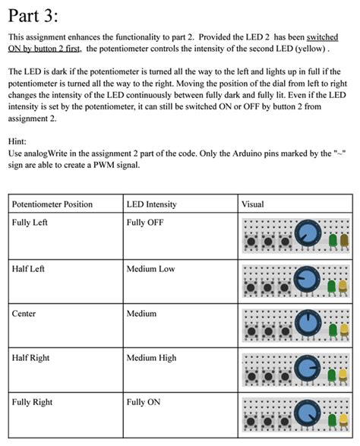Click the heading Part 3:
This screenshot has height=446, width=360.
point(32,16)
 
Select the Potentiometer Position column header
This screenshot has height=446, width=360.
point(52,204)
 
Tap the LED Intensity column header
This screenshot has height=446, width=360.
point(151,204)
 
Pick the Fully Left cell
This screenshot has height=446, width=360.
point(30,223)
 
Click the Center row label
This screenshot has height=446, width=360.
point(24,313)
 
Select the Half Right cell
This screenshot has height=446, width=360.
point(30,357)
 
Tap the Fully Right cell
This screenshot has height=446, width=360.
point(32,402)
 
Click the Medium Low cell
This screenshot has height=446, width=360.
point(150,269)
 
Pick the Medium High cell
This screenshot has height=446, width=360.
point(151,357)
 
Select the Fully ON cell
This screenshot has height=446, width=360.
point(143,402)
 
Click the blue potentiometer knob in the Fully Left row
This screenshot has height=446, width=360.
point(308,233)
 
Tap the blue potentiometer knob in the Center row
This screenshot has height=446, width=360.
point(308,322)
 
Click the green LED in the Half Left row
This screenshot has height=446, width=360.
point(332,285)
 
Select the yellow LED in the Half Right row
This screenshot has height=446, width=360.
point(343,374)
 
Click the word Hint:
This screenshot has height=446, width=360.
point(21,141)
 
